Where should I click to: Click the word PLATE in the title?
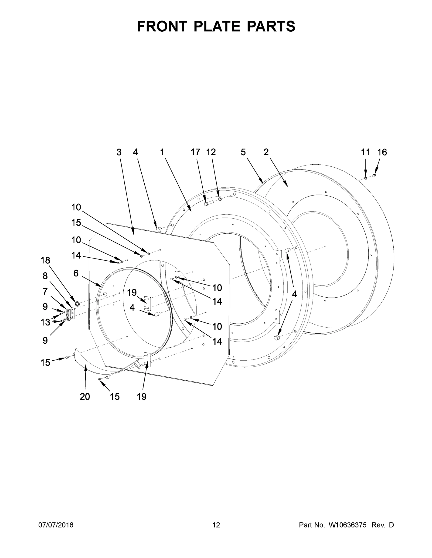click(x=217, y=26)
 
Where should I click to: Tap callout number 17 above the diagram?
click(x=195, y=152)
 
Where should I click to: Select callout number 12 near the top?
click(x=211, y=152)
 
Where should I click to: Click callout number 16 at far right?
click(x=382, y=152)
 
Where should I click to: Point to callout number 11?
click(x=365, y=152)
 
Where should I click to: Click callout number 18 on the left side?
click(x=45, y=260)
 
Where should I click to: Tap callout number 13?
click(x=45, y=322)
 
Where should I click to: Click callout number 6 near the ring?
click(x=76, y=273)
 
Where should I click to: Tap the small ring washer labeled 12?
click(x=220, y=199)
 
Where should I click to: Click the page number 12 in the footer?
click(x=216, y=525)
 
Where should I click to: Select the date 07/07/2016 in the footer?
click(x=56, y=525)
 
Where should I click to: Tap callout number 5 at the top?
click(x=243, y=152)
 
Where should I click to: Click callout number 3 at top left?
click(x=119, y=152)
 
